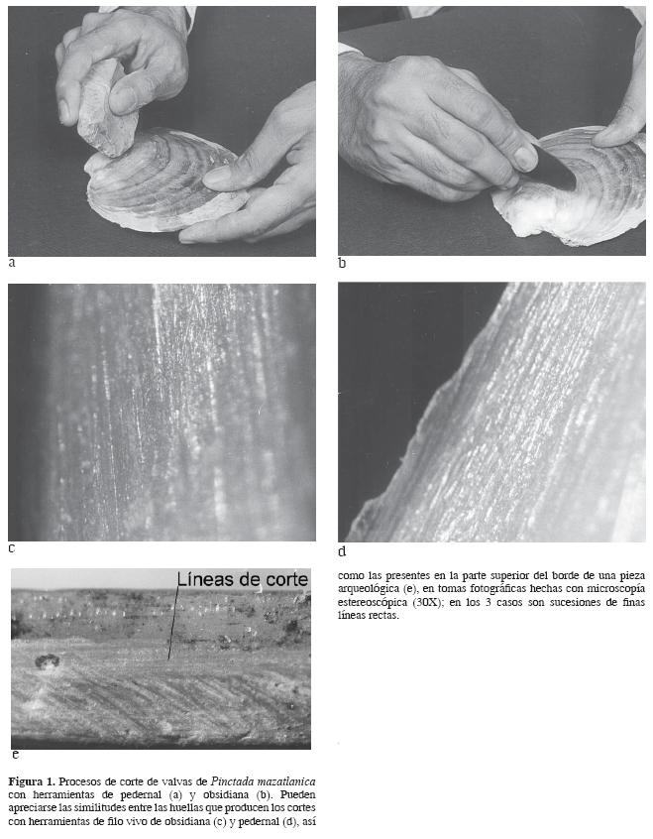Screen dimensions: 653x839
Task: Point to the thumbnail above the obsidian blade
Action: pyautogui.click(x=524, y=159)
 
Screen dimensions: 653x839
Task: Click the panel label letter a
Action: pyautogui.click(x=12, y=263)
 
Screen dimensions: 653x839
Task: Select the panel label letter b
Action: pyautogui.click(x=342, y=263)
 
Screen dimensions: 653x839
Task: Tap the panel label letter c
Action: pyautogui.click(x=12, y=548)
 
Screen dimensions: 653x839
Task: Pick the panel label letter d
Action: pyautogui.click(x=342, y=551)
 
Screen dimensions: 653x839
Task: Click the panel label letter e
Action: pyautogui.click(x=16, y=755)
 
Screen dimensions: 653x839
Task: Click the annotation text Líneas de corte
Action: pyautogui.click(x=243, y=579)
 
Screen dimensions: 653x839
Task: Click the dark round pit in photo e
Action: pyautogui.click(x=47, y=661)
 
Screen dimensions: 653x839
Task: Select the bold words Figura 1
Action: pyautogui.click(x=32, y=781)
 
